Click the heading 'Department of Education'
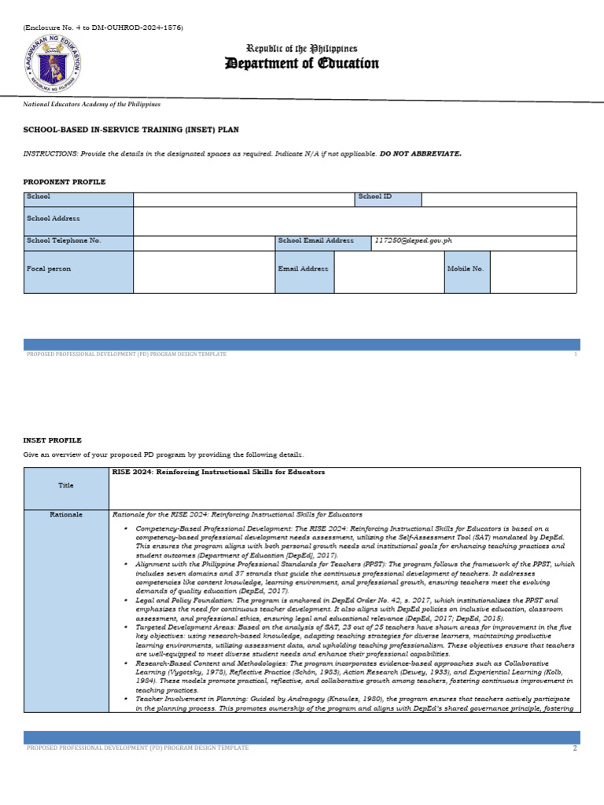point(302,64)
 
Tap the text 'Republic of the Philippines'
point(302,49)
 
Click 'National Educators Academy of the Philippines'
point(91,104)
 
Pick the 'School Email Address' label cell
point(315,241)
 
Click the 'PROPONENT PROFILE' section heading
point(64,182)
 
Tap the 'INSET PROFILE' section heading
point(52,440)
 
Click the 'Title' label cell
point(66,486)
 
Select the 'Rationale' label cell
point(66,514)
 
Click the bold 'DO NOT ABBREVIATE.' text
point(421,153)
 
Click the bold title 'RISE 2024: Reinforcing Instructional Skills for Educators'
point(219,472)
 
